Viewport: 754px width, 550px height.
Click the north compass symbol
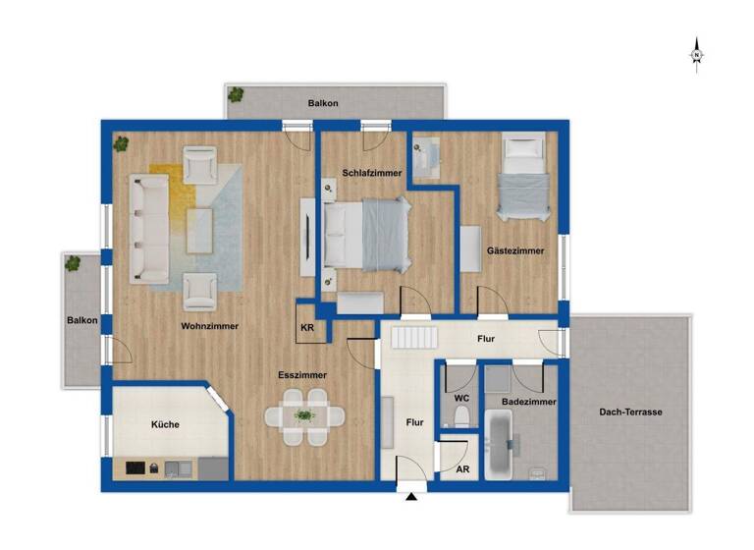(x=696, y=54)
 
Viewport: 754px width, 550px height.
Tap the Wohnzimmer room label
(x=210, y=326)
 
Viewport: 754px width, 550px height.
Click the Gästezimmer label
(x=515, y=251)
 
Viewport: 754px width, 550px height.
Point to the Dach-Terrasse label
(x=631, y=412)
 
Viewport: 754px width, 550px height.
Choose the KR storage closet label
(x=307, y=328)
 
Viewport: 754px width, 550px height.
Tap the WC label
(x=460, y=398)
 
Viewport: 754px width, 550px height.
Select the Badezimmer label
(x=528, y=403)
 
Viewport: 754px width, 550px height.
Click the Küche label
(x=165, y=425)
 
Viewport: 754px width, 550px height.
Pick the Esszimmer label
(x=302, y=374)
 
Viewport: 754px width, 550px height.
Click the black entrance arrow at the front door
(x=411, y=498)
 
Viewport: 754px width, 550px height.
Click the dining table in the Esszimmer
(x=305, y=416)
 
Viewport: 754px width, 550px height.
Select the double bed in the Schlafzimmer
(x=365, y=234)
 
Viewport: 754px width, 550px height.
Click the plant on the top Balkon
(x=236, y=95)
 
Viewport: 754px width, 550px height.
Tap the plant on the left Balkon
(x=73, y=263)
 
